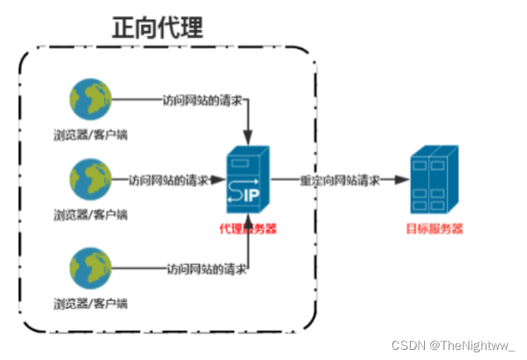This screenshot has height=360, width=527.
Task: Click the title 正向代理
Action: pos(157,27)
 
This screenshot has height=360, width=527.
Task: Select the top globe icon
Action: pos(90,100)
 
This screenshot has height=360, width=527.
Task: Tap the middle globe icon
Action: pos(90,180)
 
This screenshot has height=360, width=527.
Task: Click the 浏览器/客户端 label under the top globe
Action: pos(90,135)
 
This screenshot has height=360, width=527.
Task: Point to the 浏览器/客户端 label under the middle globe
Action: pos(90,214)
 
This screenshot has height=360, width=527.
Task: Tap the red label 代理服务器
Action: pos(249,229)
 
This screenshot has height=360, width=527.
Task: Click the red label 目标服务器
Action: pos(435,229)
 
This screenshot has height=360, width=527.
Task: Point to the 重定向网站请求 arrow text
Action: pos(340,180)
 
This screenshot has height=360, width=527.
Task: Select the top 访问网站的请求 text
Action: pos(202,100)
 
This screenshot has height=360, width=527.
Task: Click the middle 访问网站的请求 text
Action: pos(168,180)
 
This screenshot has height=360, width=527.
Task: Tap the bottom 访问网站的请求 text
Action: pos(207,269)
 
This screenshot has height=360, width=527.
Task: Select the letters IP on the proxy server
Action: pos(255,191)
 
